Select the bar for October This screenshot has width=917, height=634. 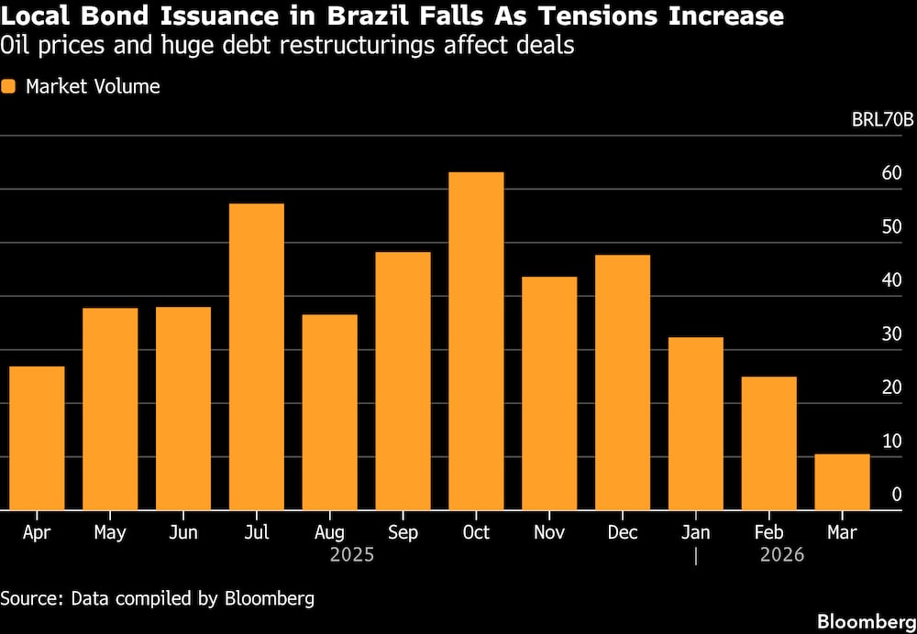476,341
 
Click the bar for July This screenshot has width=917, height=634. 257,356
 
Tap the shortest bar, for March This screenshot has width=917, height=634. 842,482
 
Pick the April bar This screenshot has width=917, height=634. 37,438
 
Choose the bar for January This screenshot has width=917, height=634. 696,423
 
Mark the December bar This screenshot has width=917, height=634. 623,382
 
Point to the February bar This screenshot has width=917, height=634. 768,443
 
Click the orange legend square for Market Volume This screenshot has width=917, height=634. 9,87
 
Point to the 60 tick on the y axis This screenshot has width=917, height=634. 891,174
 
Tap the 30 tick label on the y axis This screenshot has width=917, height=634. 891,334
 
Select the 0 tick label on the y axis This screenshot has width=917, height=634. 896,495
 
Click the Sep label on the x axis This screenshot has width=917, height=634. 403,532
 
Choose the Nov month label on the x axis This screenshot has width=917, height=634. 549,532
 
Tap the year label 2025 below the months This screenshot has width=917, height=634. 352,555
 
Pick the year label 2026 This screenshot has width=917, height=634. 781,555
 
